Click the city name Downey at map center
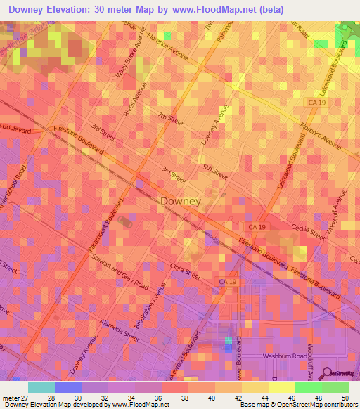point(181,201)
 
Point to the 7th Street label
point(170,119)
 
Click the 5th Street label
point(212,169)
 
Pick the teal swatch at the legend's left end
point(41,387)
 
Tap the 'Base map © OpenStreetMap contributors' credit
point(298,405)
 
